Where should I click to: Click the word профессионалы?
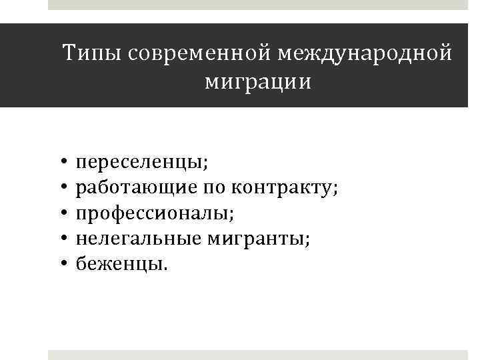pyautogui.click(x=155, y=214)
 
